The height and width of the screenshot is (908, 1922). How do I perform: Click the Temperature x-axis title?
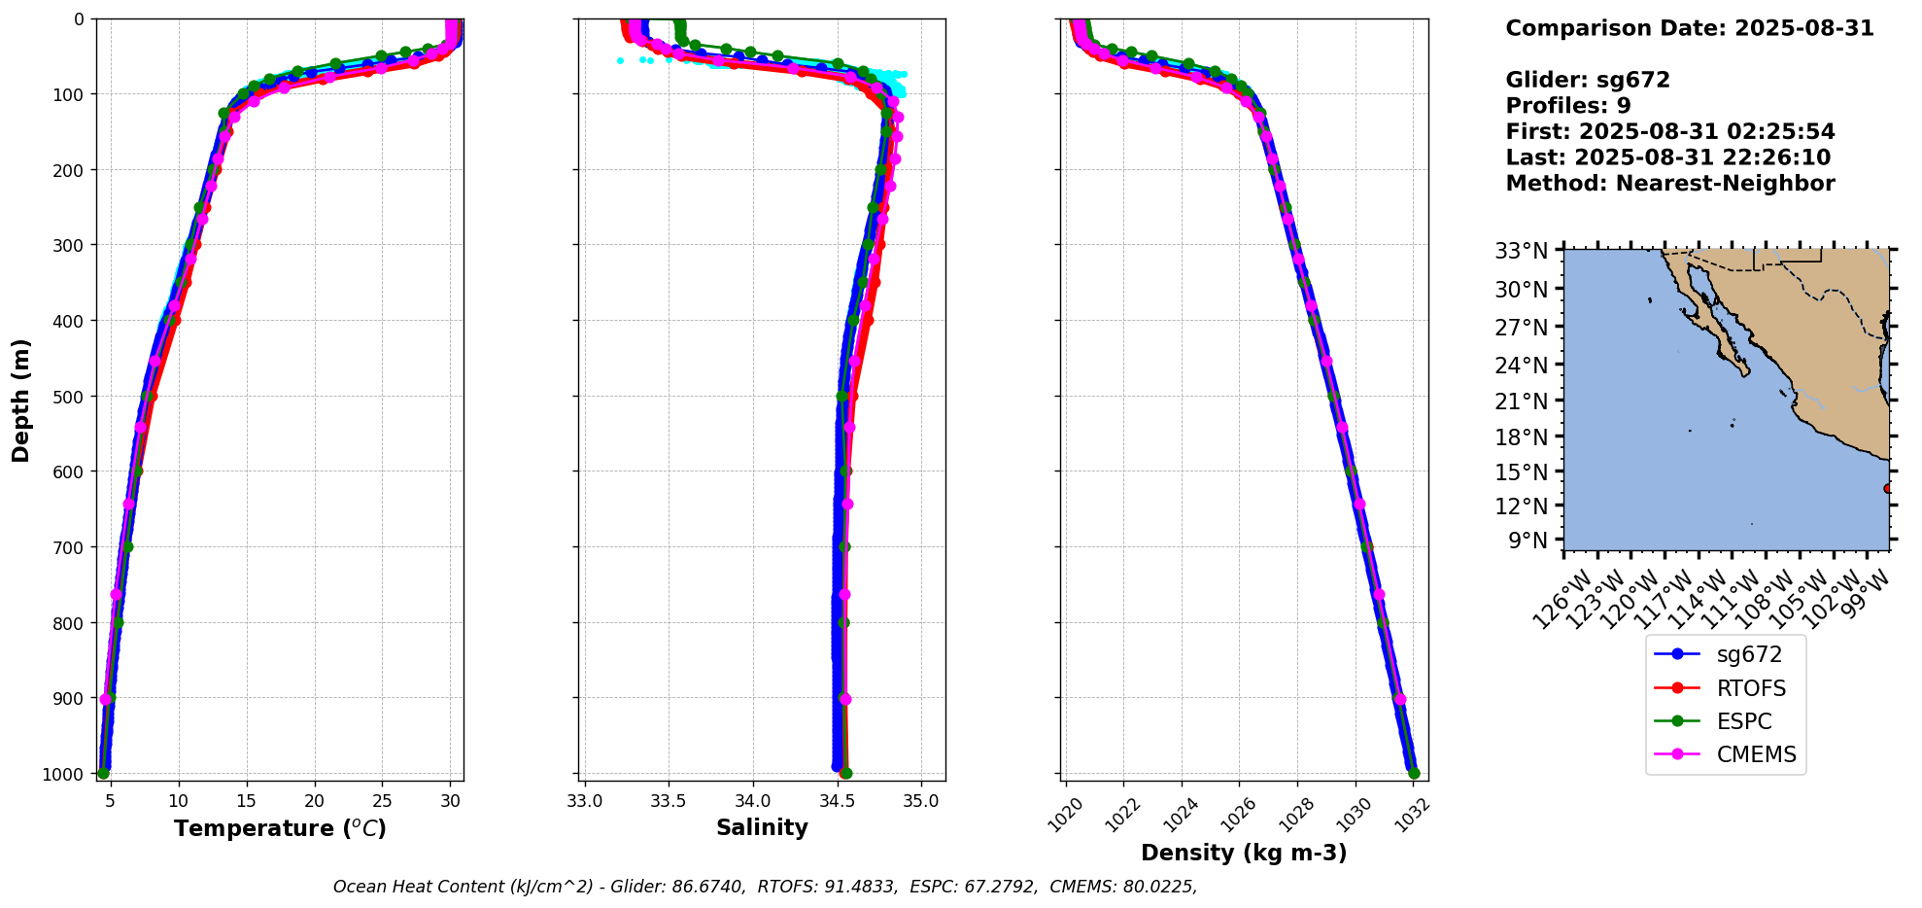[x=280, y=828]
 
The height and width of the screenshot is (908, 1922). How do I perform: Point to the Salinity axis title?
[x=762, y=828]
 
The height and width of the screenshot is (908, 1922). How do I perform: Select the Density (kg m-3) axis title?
[x=1244, y=853]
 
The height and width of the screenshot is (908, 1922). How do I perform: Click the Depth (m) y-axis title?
[x=21, y=401]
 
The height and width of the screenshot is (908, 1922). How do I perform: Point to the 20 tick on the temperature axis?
[x=314, y=801]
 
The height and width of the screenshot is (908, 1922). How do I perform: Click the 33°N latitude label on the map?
[x=1522, y=252]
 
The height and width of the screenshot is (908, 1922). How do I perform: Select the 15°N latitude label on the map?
[x=1522, y=472]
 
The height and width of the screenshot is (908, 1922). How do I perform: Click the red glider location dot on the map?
[x=1887, y=489]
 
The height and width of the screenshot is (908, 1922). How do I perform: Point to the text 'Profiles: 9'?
[x=1568, y=106]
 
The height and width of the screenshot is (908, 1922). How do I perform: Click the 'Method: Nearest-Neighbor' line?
[x=1670, y=184]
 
